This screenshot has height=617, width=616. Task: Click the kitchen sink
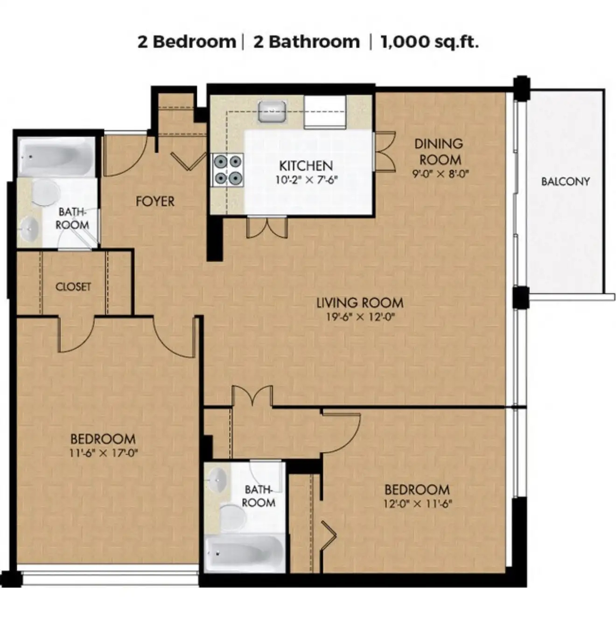[272, 111]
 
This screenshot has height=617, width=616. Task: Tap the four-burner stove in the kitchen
[228, 170]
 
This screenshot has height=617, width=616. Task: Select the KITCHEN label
[306, 166]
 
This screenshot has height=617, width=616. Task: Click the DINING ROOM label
[439, 152]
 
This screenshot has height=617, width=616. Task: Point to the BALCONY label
[566, 181]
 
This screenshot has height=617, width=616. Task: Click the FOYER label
[155, 201]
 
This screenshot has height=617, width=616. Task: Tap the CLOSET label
[73, 286]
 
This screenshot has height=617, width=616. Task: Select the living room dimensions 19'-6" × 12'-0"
[360, 317]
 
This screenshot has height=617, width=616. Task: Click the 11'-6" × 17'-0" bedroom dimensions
[104, 453]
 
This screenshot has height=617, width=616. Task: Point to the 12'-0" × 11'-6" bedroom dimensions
[418, 504]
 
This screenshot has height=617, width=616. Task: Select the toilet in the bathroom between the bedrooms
[233, 518]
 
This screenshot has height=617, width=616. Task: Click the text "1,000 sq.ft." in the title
[429, 42]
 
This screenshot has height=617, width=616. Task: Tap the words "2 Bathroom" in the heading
[307, 42]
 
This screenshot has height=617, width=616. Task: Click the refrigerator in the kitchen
[325, 112]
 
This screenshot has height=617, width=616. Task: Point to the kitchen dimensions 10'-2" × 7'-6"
[307, 180]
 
